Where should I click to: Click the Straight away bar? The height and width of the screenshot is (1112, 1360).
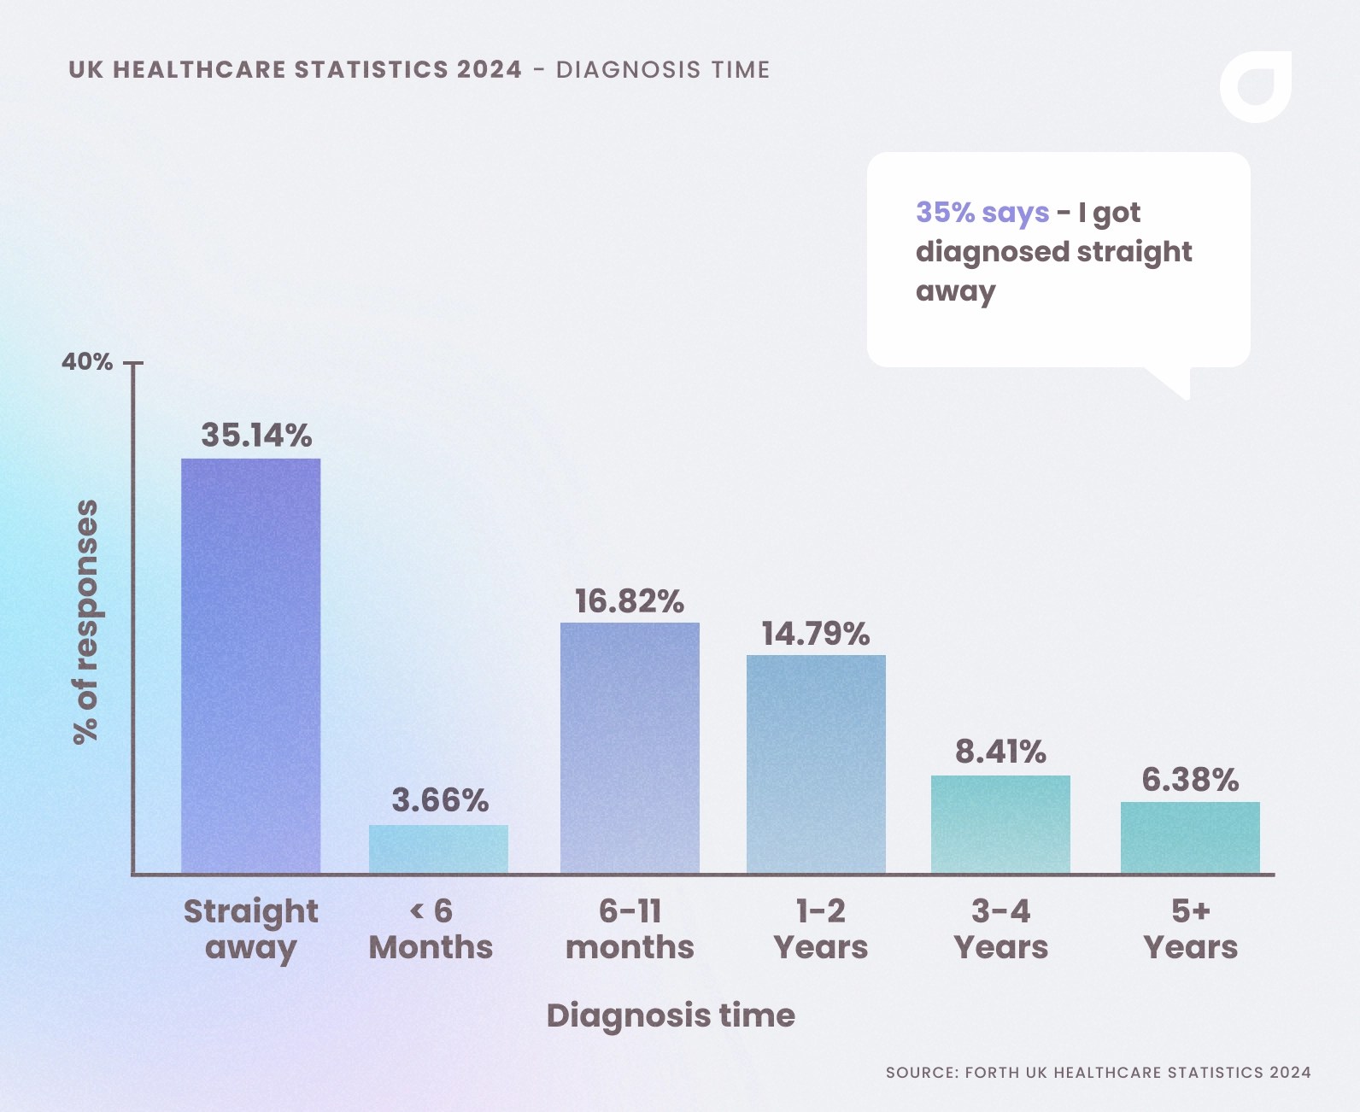point(250,666)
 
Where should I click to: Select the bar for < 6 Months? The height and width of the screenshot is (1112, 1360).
point(438,849)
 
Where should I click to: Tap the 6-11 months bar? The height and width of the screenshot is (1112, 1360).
point(630,748)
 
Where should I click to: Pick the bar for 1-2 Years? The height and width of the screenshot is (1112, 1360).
point(816,764)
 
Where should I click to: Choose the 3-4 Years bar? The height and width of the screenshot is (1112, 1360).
point(1000,824)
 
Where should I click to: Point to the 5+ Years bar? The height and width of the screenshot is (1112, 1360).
point(1190,837)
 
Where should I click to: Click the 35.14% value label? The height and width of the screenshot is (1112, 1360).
point(256,436)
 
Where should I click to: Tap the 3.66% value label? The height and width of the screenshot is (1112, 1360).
point(440,800)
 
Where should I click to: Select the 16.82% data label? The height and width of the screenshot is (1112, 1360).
point(629,601)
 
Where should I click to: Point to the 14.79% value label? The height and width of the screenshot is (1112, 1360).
point(815,634)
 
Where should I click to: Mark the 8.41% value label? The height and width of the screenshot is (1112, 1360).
point(1000,752)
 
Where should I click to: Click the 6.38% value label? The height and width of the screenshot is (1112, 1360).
point(1190,780)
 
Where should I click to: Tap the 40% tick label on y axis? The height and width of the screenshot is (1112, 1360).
point(87,362)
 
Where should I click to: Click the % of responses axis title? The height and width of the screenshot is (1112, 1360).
point(86,622)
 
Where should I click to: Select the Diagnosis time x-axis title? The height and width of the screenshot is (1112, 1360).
point(671,1015)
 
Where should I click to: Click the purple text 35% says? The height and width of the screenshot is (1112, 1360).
point(982,212)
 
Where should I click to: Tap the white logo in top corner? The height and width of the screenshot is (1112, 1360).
point(1255,86)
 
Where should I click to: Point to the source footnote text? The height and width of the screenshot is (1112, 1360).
point(1098,1073)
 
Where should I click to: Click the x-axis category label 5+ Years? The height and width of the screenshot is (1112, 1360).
point(1190,929)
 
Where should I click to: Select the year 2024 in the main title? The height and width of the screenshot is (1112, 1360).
point(489,70)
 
